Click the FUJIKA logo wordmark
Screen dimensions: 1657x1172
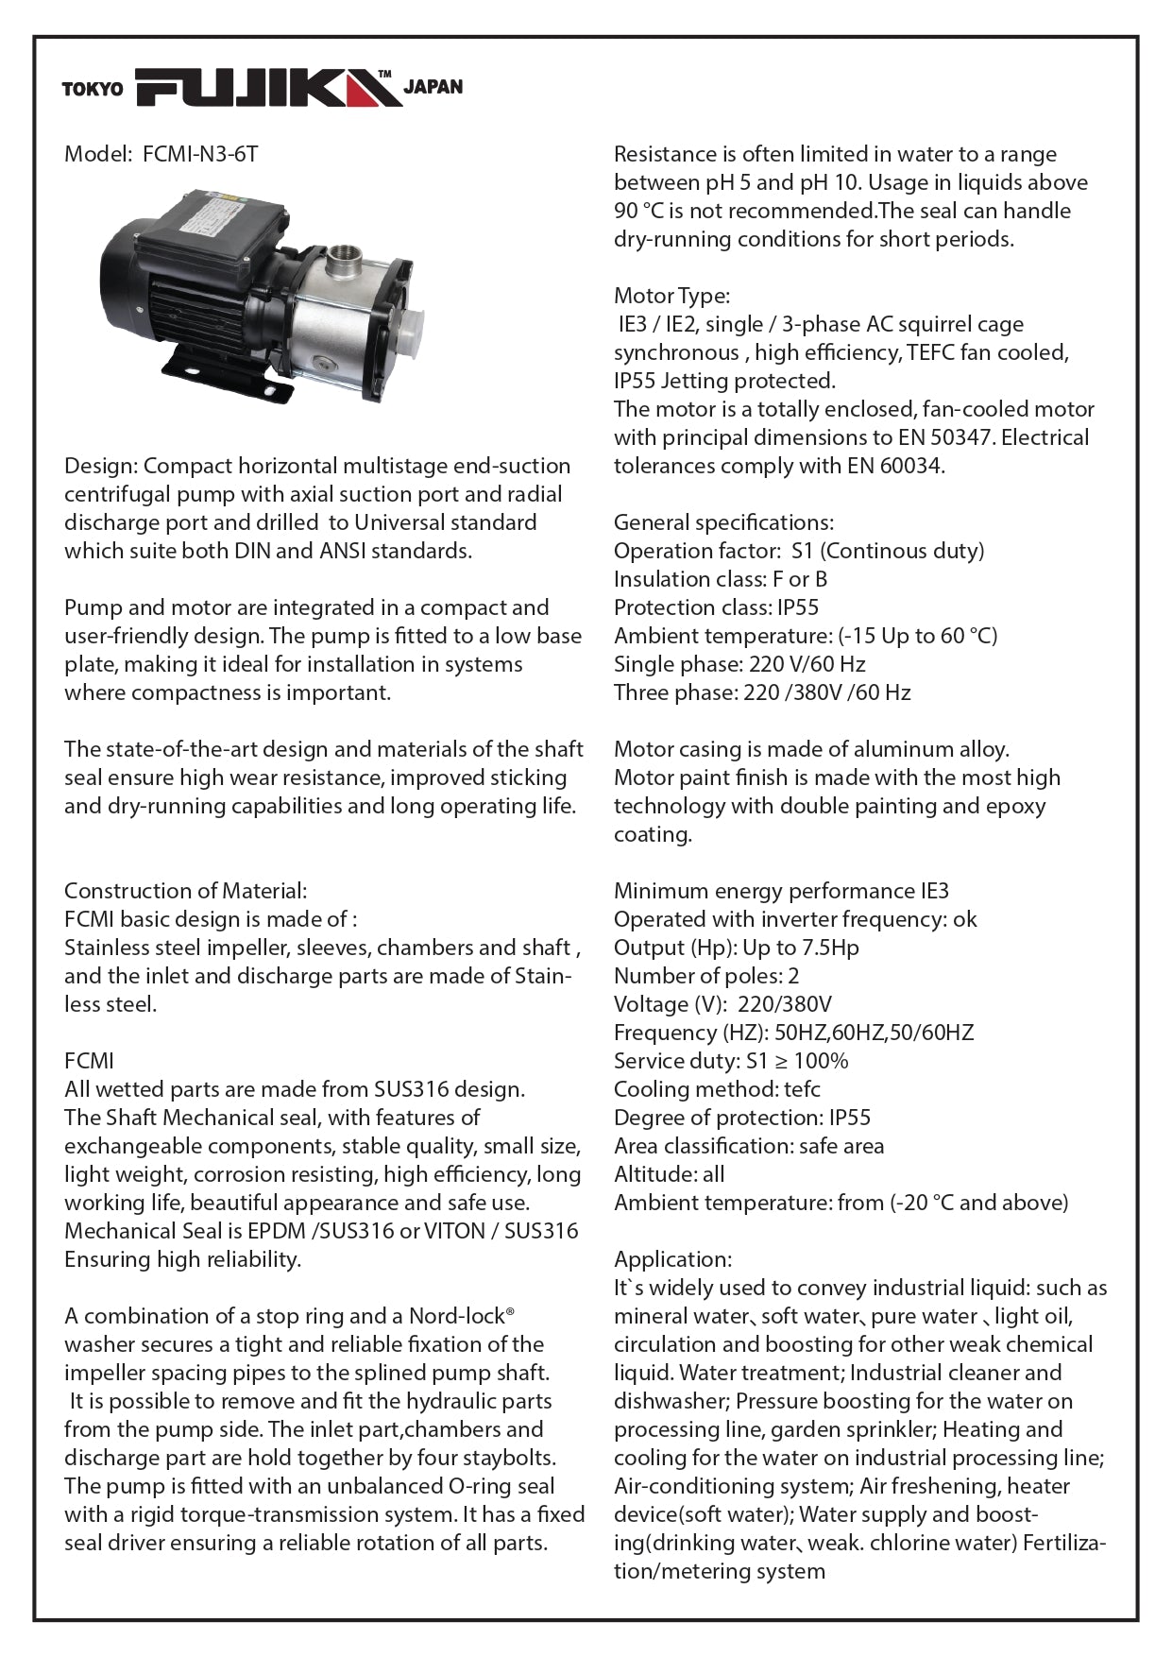268,88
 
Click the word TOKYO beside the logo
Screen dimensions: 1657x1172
93,90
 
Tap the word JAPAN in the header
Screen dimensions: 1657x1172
433,87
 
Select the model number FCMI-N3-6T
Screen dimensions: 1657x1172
200,154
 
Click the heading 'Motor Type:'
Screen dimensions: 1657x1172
671,296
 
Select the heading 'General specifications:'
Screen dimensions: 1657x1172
723,522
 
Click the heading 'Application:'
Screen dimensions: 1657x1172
672,1259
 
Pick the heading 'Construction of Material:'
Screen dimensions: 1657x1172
185,891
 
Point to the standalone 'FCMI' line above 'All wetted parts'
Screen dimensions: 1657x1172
89,1061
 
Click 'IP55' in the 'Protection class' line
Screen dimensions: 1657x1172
798,607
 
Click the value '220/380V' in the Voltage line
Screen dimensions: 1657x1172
785,1004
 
